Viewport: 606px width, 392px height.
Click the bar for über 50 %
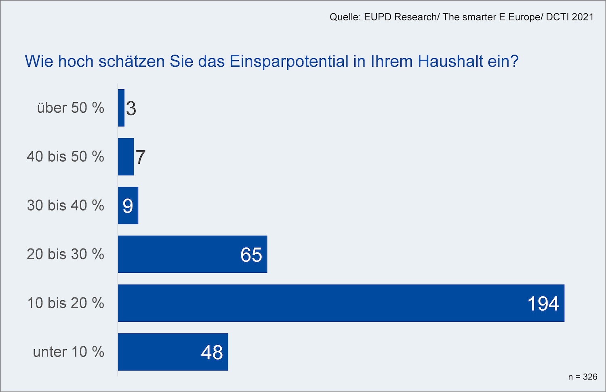coord(121,108)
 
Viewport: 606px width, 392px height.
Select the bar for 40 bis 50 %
coord(126,157)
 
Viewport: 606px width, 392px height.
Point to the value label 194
coord(543,303)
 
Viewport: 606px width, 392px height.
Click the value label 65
coord(251,255)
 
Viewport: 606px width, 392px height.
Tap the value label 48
coord(212,352)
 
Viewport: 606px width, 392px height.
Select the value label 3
coord(131,108)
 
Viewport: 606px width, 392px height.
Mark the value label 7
coord(140,157)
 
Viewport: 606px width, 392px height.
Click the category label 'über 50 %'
coord(70,108)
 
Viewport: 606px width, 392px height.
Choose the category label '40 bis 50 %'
coord(65,156)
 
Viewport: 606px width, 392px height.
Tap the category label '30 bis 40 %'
coord(65,205)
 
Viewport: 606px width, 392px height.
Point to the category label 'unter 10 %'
coord(68,352)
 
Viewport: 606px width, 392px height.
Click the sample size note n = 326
coord(583,377)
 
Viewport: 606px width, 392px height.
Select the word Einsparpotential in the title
coord(289,61)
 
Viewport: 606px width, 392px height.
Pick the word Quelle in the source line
coord(345,17)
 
